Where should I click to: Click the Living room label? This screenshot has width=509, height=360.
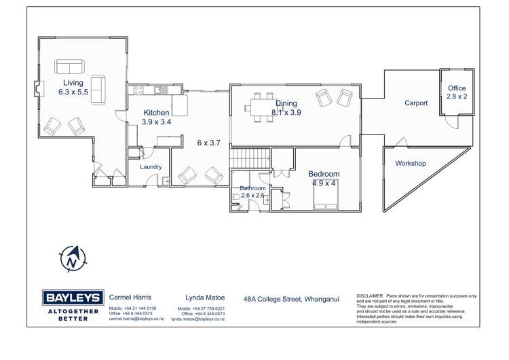[x=73, y=83]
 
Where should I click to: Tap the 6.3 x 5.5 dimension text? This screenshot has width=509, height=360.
[x=73, y=92]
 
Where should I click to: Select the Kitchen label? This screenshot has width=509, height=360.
[x=156, y=113]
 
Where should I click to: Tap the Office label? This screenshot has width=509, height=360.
[x=457, y=88]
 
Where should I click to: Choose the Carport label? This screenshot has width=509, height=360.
[x=416, y=103]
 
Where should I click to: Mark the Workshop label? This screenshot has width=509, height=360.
[x=410, y=164]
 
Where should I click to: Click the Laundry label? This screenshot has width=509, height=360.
[x=150, y=166]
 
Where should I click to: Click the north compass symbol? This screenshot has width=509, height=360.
[x=73, y=258]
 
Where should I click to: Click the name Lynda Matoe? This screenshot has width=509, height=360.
[x=204, y=298]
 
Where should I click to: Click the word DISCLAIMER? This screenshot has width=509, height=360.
[x=371, y=296]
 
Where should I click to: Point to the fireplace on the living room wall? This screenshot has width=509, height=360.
[x=38, y=88]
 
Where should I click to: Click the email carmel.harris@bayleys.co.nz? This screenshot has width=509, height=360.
[x=132, y=319]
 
